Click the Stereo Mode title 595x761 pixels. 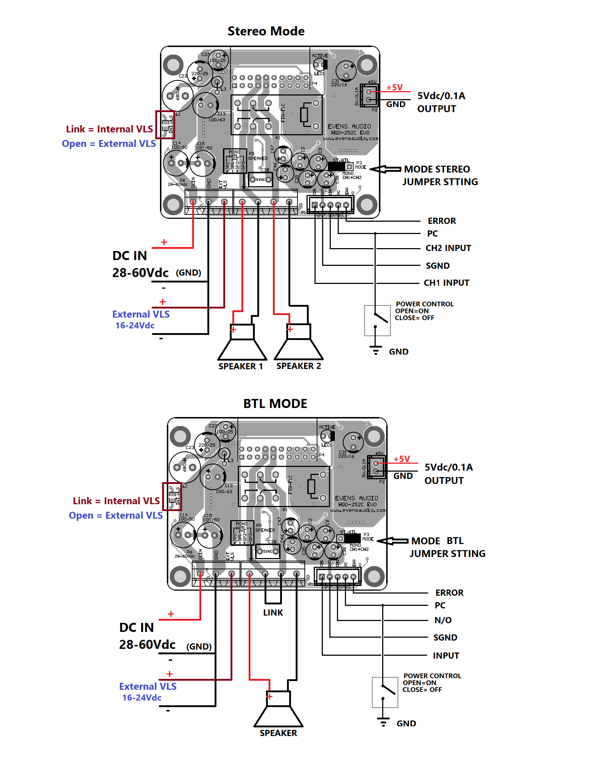coord(266,31)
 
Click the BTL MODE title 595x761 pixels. coord(275,404)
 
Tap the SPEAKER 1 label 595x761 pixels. coord(241,366)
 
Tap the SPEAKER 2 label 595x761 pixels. coord(299,366)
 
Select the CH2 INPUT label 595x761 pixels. coord(448,248)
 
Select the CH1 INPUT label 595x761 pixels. coord(446,283)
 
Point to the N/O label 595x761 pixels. coord(443,620)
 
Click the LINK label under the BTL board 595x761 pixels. coord(273,613)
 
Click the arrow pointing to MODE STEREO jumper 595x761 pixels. coord(385,169)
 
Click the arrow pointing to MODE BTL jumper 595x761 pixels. coord(393,541)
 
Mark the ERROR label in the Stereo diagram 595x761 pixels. coord(442,221)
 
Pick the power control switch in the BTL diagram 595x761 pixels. coord(385,692)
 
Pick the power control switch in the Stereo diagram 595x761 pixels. coord(377,320)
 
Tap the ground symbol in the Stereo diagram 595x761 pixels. coord(376,350)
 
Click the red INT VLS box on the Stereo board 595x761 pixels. coord(165,125)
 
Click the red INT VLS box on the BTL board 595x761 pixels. coord(172,496)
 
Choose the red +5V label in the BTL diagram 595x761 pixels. coord(402,459)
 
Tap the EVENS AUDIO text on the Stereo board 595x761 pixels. coord(349,127)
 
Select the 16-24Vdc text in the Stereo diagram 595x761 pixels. coord(135,326)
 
